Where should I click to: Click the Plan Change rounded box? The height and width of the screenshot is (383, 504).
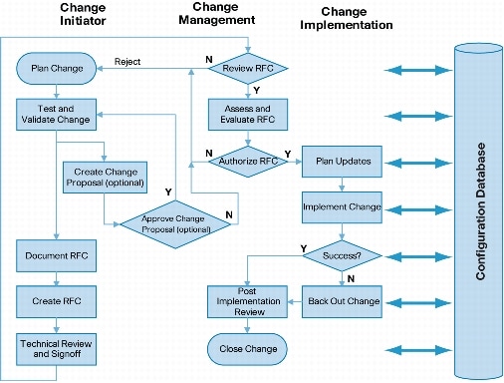coord(56,69)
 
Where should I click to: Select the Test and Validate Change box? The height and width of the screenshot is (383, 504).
coord(56,113)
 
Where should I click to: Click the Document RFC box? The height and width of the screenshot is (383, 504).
coord(56,254)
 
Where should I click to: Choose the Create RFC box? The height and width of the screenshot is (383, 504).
coord(56,298)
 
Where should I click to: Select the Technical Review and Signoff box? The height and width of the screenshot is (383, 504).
coord(56,347)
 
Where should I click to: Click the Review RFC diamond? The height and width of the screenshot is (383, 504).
coord(247,69)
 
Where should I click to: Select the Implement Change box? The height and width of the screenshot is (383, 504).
coord(341,207)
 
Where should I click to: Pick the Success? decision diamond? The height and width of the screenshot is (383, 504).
coord(341,254)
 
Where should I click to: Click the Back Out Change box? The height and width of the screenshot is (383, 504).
coord(341,299)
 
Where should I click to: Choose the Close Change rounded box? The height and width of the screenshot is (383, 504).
coord(247,348)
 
